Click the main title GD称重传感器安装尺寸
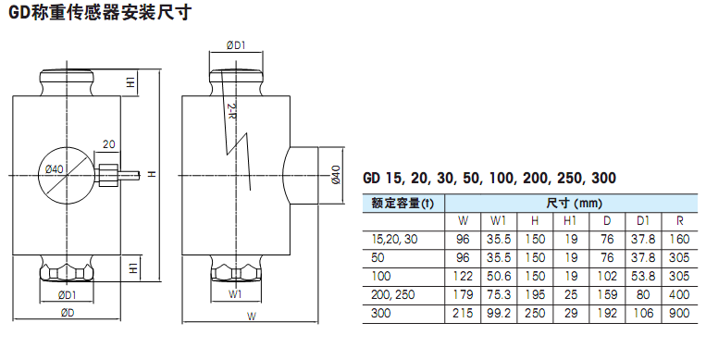click(100, 12)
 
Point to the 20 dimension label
click(108, 144)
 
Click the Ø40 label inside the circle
click(55, 169)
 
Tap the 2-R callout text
click(231, 111)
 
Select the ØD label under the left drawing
click(68, 313)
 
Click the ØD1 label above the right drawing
click(235, 45)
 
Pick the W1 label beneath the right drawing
click(235, 294)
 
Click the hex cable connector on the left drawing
click(108, 174)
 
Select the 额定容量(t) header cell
click(403, 204)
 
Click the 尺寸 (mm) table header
click(574, 204)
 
